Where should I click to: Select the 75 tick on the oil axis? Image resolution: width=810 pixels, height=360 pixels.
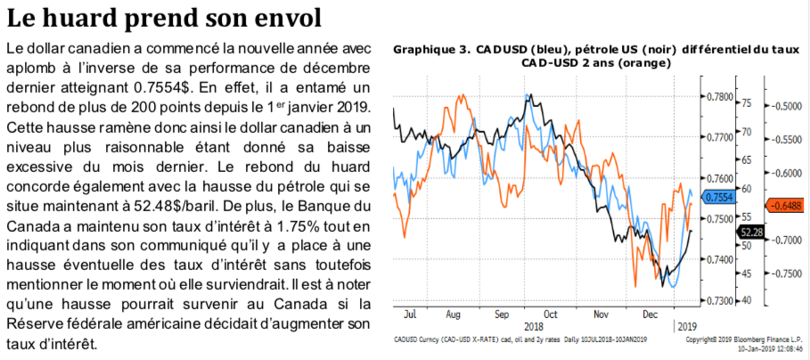[747, 103]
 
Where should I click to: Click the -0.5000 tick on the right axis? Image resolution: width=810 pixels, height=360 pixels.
[788, 107]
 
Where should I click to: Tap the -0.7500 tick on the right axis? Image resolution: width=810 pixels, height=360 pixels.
[788, 274]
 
